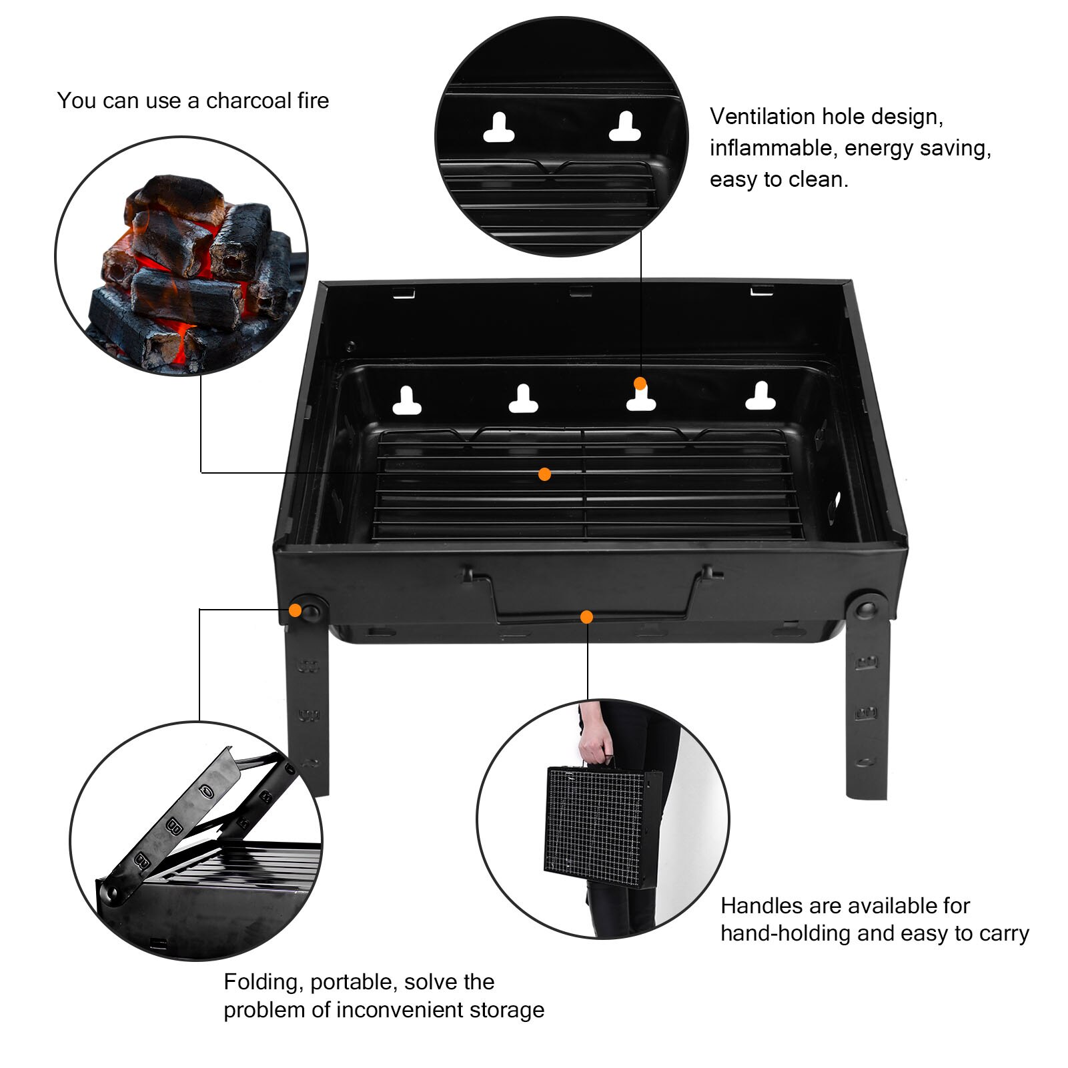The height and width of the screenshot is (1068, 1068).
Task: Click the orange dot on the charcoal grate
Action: click(544, 474)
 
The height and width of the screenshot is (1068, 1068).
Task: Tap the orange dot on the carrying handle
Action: click(586, 617)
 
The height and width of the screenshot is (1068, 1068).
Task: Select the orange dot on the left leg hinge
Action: click(295, 610)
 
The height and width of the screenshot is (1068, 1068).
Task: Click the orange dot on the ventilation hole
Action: click(640, 384)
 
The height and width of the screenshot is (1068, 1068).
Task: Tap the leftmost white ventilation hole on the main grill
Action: click(406, 402)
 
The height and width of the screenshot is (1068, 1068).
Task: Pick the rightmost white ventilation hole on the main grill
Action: click(760, 397)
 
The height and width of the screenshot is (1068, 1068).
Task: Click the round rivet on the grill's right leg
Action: click(866, 608)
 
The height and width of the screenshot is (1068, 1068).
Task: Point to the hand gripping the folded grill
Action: click(595, 744)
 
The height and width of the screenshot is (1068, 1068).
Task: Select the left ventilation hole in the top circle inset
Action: click(498, 129)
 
